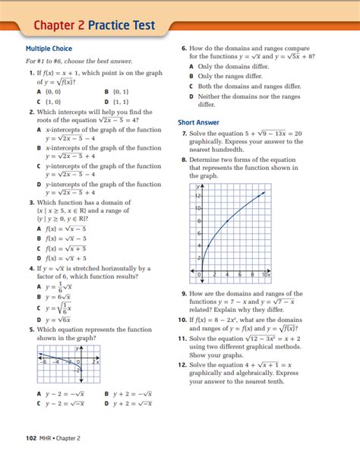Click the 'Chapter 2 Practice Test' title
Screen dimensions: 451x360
coord(94,26)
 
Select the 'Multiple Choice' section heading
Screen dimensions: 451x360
coord(49,49)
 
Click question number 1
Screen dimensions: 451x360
coord(30,73)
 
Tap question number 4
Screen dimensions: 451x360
coord(30,268)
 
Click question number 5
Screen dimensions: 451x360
coord(30,330)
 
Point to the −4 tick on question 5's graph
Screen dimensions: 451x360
coord(55,362)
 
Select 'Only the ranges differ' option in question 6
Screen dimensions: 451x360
coord(228,76)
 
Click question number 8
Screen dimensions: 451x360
coord(184,159)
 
